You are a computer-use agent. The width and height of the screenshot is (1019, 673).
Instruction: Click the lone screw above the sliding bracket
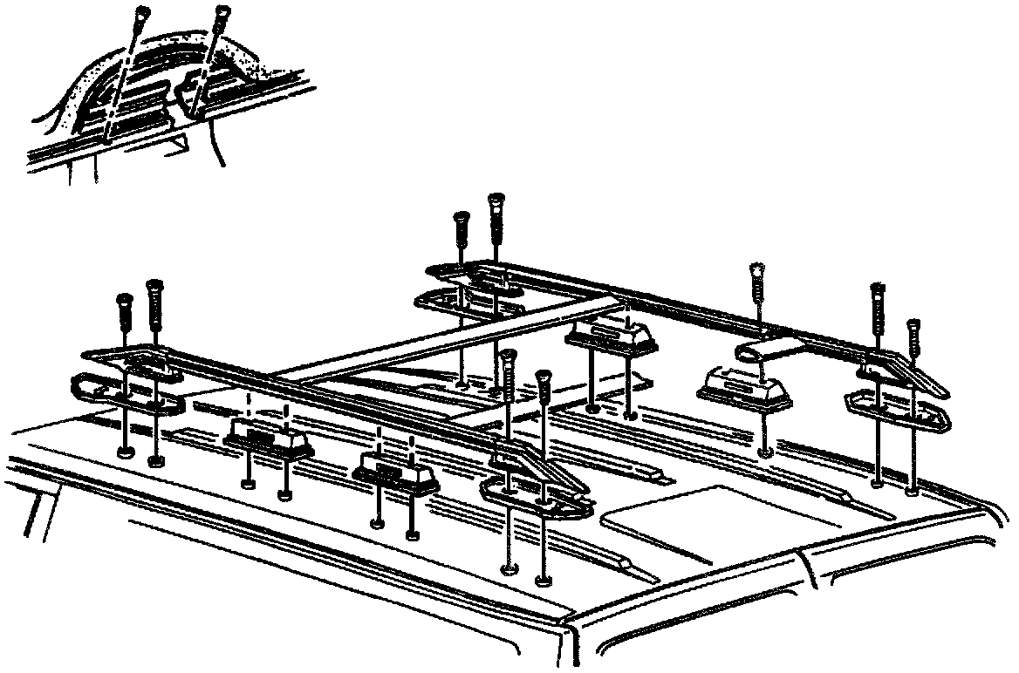pyautogui.click(x=756, y=272)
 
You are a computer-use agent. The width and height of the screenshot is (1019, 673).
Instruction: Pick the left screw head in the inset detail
pyautogui.click(x=140, y=15)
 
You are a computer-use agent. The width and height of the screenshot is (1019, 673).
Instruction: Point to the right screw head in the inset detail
pyautogui.click(x=222, y=13)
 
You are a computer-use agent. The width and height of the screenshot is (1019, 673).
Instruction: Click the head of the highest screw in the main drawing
pyautogui.click(x=497, y=201)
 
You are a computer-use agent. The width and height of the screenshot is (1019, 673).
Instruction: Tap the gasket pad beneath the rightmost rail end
pyautogui.click(x=895, y=410)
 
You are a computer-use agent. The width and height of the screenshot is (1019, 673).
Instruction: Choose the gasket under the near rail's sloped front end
pyautogui.click(x=534, y=498)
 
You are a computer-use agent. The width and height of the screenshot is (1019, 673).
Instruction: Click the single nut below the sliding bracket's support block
pyautogui.click(x=765, y=452)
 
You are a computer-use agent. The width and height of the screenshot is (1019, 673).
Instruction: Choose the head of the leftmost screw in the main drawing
pyautogui.click(x=124, y=302)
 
